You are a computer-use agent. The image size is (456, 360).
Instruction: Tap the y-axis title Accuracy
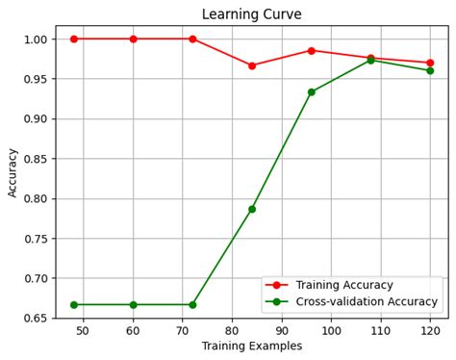[13, 171]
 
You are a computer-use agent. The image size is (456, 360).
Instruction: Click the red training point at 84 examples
[252, 65]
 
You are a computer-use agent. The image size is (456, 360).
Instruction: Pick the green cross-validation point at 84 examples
[252, 209]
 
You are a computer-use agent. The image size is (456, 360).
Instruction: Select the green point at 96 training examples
[311, 92]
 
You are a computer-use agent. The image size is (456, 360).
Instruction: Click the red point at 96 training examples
[311, 50]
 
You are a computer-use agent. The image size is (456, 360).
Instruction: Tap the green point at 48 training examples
[73, 304]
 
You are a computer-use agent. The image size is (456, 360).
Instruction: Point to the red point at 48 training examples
[73, 39]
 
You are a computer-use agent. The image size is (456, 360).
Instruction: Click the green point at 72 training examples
[192, 304]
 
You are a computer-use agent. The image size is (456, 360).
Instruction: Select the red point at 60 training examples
[133, 39]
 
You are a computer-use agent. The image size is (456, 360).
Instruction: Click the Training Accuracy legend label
[344, 285]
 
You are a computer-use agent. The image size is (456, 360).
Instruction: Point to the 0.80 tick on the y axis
[36, 198]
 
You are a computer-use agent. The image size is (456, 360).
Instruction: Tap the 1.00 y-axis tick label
[36, 39]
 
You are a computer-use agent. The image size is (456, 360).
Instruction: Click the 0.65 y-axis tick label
[36, 319]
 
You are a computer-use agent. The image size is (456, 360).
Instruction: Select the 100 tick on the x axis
[331, 331]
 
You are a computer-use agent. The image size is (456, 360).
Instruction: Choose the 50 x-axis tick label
[83, 331]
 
